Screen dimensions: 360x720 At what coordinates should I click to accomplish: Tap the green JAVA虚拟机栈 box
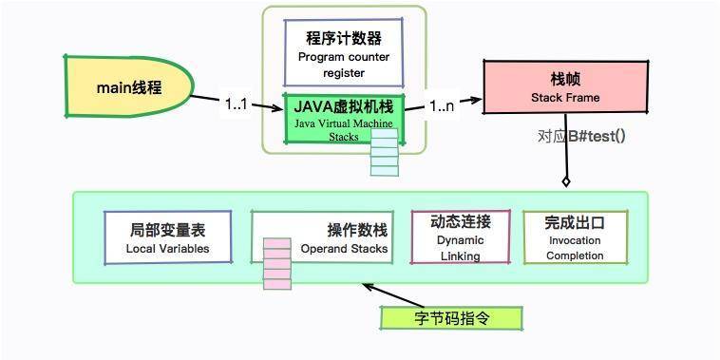[344, 116]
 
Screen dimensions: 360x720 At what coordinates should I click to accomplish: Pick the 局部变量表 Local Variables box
[167, 237]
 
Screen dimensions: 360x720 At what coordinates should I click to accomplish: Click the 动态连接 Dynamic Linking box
[460, 237]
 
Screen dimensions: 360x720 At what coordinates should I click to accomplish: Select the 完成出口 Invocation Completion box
[576, 237]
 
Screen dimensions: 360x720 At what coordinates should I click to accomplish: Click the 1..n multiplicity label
[442, 106]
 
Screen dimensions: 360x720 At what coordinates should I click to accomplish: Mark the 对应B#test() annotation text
[581, 135]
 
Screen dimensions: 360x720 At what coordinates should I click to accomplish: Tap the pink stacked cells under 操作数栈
[276, 263]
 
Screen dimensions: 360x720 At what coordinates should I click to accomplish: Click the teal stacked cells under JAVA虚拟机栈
[385, 153]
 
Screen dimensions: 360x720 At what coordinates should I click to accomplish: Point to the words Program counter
[343, 56]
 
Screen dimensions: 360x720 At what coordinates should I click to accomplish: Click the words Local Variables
[167, 249]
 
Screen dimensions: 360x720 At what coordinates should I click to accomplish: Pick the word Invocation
[575, 241]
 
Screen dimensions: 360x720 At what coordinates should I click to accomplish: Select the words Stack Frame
[565, 98]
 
